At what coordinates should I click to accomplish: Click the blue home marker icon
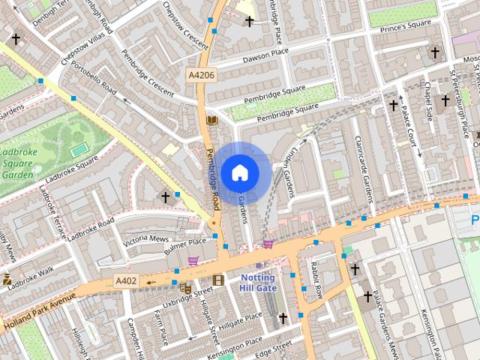pos(240,172)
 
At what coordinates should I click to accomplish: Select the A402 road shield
pos(127,280)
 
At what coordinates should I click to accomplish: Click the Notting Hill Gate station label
pos(258,282)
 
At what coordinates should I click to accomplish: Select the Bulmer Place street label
pos(185,242)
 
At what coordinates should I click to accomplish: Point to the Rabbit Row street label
pos(314,280)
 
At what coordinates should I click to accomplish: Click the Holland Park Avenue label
pos(40,311)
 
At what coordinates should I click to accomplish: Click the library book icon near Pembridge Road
pos(211,120)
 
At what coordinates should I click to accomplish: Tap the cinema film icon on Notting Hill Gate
pos(218,280)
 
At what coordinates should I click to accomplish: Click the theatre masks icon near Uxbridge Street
pos(185,287)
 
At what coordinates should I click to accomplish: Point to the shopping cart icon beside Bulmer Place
pos(193,260)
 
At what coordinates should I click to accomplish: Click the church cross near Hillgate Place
pos(283,319)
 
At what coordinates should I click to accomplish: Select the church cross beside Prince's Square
pos(434,52)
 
